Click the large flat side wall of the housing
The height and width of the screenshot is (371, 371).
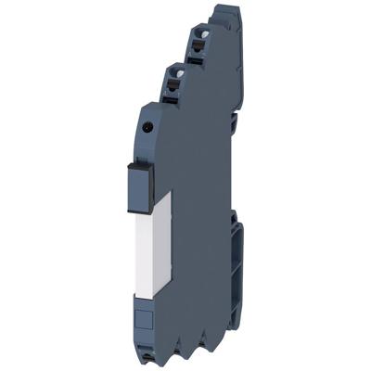(190, 213)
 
